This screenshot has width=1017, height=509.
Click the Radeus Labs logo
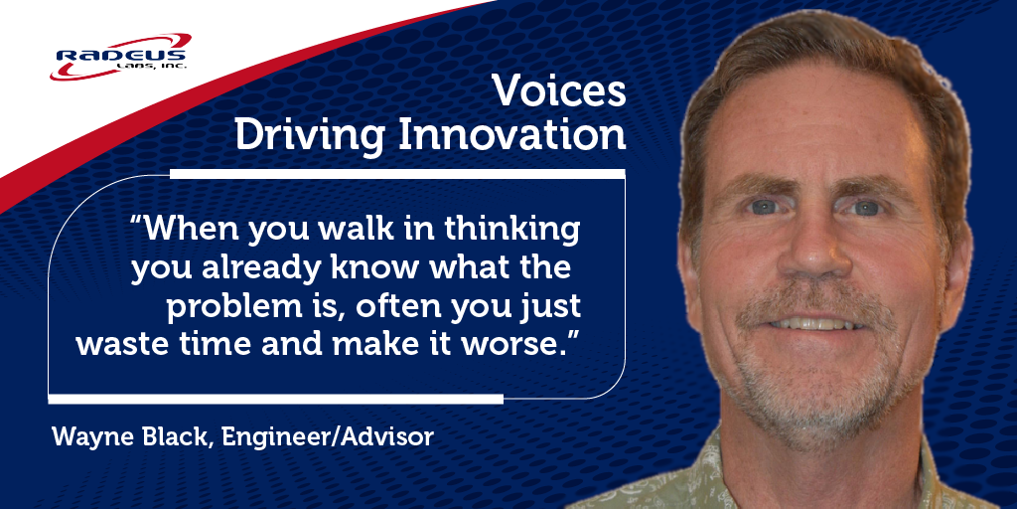pos(122,59)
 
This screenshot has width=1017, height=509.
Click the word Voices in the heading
pos(559,92)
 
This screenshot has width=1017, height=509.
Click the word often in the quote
pos(390,307)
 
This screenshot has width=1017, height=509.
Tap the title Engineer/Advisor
pos(329,436)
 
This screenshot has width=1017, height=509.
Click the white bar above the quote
pos(397,174)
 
